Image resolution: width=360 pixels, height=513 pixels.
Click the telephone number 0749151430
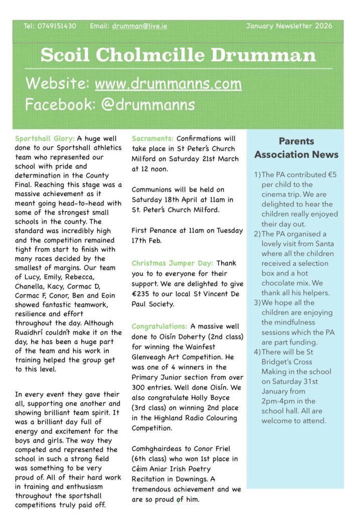coord(57,26)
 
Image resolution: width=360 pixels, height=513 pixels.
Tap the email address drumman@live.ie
coord(139,26)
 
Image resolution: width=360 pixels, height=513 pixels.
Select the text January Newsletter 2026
coord(289,26)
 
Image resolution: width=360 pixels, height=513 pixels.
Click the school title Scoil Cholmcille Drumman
coord(178,55)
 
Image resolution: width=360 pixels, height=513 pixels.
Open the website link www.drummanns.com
coord(168,83)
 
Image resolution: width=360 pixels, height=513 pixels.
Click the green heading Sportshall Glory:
coord(45,139)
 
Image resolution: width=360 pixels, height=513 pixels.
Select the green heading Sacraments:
coord(152,139)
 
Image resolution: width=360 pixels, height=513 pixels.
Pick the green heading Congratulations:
coord(159,326)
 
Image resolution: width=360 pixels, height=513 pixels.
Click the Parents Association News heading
coord(296,148)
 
